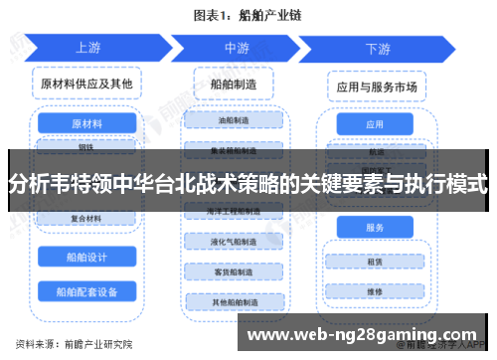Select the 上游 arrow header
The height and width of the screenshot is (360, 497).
click(87, 47)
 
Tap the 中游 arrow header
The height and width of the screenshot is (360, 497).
click(236, 47)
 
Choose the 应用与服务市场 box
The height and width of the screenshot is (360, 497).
click(375, 87)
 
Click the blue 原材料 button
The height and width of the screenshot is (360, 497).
click(86, 123)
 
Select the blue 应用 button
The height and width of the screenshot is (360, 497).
click(375, 124)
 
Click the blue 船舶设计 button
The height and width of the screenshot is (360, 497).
click(86, 256)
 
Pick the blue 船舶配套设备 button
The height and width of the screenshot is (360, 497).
click(86, 291)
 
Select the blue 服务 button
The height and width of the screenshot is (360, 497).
click(375, 228)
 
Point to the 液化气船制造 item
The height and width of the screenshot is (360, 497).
click(236, 242)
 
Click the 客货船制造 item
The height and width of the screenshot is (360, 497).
click(236, 271)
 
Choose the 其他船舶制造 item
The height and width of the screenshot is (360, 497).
click(236, 301)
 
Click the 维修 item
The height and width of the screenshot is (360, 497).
click(375, 292)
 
